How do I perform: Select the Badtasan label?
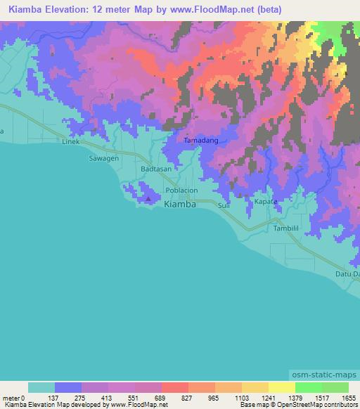155,169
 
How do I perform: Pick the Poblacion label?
181,190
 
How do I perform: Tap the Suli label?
224,206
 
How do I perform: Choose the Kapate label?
265,202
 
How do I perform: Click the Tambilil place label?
287,229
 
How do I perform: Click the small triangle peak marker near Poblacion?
148,200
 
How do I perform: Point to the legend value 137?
67,397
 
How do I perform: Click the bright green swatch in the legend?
307,387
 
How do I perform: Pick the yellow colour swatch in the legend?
281,387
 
